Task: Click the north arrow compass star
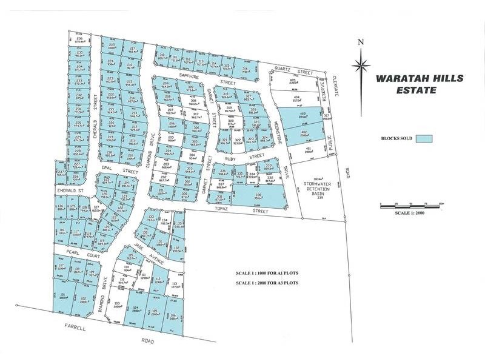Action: pyautogui.click(x=361, y=62)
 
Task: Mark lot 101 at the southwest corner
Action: pyautogui.click(x=63, y=296)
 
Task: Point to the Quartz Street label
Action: pyautogui.click(x=292, y=70)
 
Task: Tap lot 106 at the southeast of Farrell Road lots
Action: pyautogui.click(x=173, y=315)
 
